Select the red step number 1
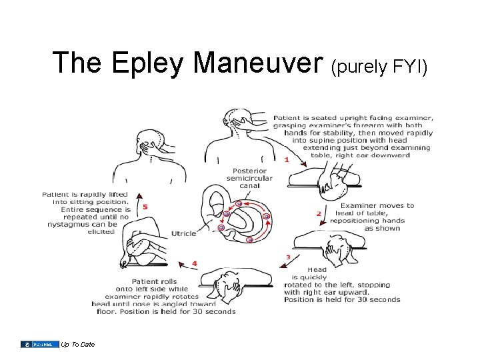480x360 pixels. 287,159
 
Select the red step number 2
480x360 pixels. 319,213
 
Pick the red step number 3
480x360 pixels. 287,257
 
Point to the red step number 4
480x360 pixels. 194,263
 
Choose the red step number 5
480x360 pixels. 145,206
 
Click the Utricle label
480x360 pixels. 184,233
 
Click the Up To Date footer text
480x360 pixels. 77,344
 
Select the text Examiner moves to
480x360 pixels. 377,205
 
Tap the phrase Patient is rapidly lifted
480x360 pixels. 85,194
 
